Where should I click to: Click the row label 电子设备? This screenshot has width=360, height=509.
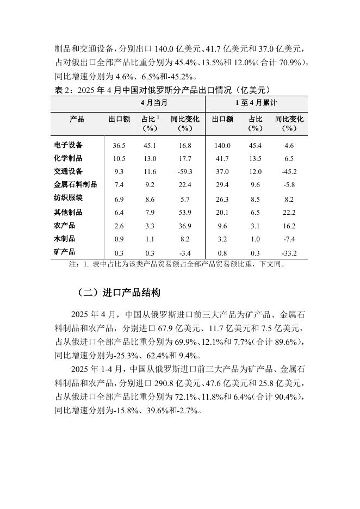tap(69, 145)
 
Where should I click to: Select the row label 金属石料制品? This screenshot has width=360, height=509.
tap(76, 185)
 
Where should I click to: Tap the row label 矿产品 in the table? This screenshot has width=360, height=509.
tap(65, 252)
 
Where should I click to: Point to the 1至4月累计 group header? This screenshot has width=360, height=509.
tap(256, 103)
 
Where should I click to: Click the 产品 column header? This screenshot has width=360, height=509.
tap(77, 119)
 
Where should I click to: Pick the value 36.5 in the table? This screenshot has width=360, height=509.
tap(119, 146)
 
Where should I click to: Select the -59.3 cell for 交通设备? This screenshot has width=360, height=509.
tap(185, 172)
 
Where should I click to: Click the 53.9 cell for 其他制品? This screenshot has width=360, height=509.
tap(185, 212)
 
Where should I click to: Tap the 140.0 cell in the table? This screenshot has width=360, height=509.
tap(222, 146)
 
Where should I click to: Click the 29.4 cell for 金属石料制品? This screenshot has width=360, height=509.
tap(222, 185)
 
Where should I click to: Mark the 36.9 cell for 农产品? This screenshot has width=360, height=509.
tap(185, 226)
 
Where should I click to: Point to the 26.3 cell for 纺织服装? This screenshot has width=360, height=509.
tap(222, 199)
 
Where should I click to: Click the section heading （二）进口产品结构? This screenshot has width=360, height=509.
tap(119, 293)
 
